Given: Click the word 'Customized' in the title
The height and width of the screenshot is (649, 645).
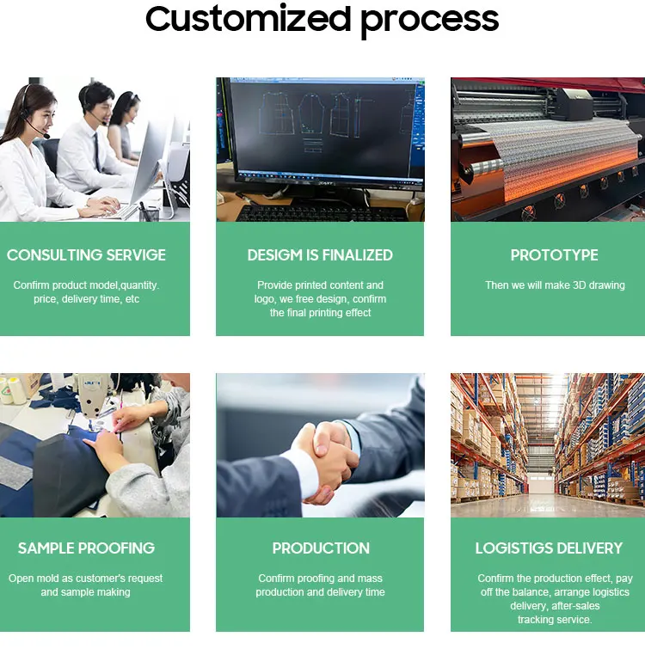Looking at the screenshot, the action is (x=247, y=19).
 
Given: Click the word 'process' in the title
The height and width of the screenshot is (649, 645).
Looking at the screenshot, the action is (x=429, y=21).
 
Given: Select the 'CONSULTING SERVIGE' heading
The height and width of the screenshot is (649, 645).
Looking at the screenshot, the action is (x=86, y=255).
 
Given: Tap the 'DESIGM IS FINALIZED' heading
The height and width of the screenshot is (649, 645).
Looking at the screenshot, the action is (x=320, y=255).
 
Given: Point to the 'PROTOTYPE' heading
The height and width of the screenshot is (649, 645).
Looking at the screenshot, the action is (x=554, y=255).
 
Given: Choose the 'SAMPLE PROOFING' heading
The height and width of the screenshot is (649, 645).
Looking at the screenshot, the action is (x=86, y=548).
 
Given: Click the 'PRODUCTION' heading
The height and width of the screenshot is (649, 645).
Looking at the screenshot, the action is (x=321, y=548).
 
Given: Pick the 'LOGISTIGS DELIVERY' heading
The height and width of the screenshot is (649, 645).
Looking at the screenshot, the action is (x=549, y=548).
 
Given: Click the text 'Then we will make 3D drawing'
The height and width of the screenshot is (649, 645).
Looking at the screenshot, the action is (x=555, y=285).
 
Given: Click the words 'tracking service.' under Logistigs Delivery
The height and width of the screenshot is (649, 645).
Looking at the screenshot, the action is (x=554, y=620).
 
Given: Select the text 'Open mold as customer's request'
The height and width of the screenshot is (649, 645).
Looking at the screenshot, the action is (x=86, y=579).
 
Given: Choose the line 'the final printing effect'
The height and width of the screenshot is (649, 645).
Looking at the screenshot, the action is (x=320, y=313).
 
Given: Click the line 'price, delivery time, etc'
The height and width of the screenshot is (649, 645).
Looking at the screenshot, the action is (x=86, y=299).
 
